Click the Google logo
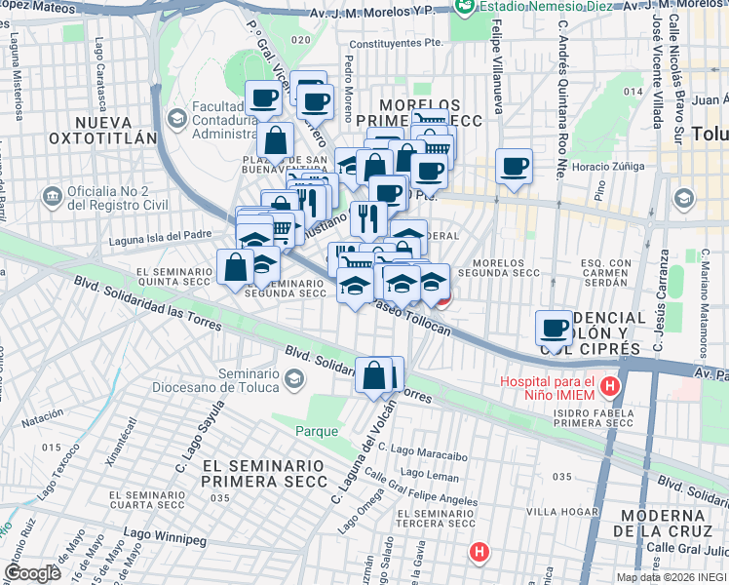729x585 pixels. [x=32, y=573]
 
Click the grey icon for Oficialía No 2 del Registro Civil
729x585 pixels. [x=52, y=196]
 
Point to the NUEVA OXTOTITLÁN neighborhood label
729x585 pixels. [x=115, y=130]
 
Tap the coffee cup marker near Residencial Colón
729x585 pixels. [x=555, y=328]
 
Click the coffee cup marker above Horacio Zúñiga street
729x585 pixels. [x=514, y=166]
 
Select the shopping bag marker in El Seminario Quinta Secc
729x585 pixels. [x=236, y=266]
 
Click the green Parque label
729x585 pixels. [x=318, y=431]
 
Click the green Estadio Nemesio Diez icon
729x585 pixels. [x=465, y=6]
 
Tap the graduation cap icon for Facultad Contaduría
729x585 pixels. [x=176, y=118]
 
